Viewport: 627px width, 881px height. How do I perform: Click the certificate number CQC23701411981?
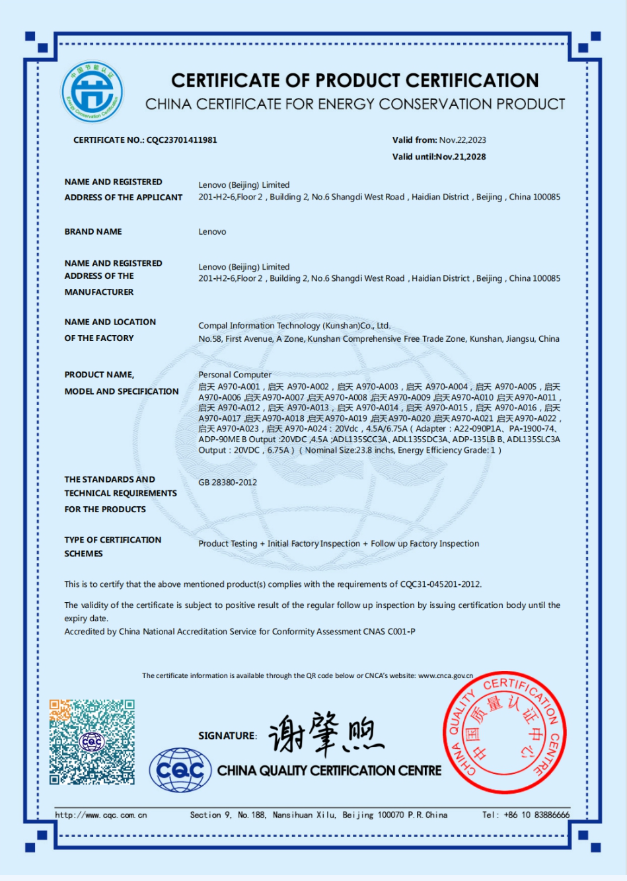182,140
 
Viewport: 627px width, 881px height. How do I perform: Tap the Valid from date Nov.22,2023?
462,140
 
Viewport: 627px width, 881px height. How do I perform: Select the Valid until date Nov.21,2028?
461,157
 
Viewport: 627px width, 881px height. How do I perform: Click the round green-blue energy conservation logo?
92,93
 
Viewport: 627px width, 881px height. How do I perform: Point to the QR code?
92,742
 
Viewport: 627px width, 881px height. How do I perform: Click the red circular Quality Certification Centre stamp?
505,733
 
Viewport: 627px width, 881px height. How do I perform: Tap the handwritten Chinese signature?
325,734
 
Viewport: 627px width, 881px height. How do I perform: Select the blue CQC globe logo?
180,770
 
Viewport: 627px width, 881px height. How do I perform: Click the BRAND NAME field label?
93,232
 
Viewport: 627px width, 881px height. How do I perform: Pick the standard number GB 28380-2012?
228,482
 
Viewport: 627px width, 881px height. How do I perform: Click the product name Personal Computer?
235,375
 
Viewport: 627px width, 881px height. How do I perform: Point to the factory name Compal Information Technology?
295,326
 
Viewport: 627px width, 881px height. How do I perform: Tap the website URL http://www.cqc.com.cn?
101,815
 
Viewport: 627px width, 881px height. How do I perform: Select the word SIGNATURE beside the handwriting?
227,736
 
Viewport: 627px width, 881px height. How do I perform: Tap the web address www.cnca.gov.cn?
445,675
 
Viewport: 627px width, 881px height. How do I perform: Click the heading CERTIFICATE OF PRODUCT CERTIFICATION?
355,81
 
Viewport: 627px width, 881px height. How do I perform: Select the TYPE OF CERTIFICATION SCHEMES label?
112,547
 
